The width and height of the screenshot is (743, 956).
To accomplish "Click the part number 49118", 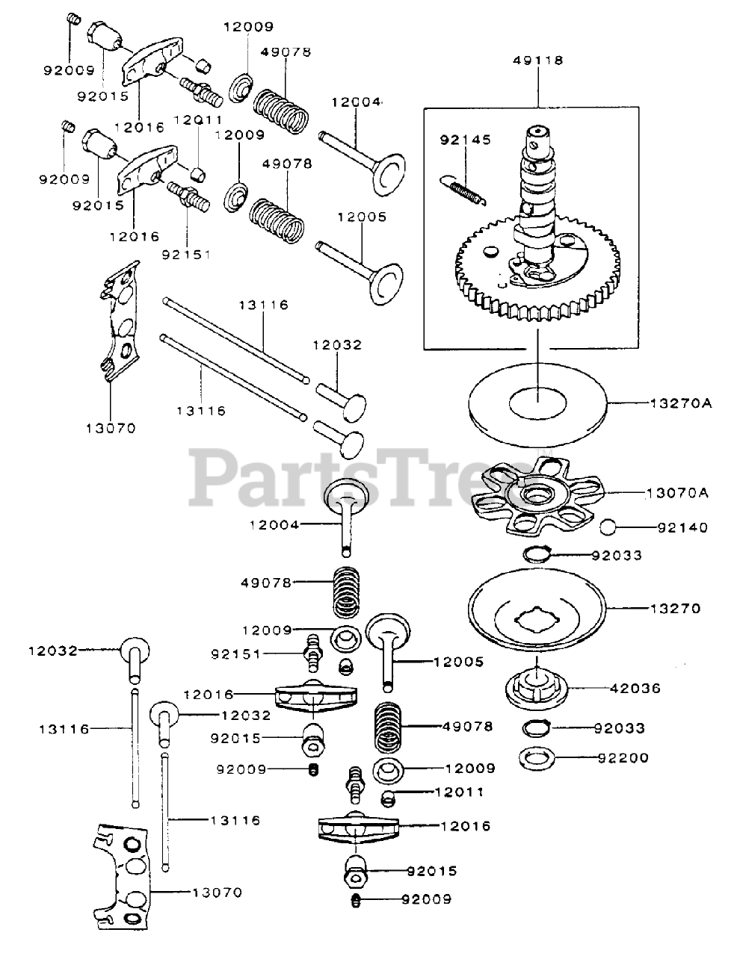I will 538,60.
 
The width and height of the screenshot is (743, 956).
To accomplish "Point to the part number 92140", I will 682,527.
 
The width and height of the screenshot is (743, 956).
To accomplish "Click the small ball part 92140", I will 609,527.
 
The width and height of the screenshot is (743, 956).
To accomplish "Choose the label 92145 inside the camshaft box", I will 458,139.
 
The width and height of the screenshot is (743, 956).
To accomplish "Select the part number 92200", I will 623,757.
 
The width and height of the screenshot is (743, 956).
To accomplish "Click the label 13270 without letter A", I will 676,608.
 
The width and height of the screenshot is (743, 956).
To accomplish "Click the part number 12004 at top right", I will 360,102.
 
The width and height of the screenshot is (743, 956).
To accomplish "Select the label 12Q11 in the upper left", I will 198,119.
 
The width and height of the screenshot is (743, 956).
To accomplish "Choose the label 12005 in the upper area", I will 362,217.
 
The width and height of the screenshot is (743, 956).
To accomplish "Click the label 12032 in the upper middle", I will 337,345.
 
